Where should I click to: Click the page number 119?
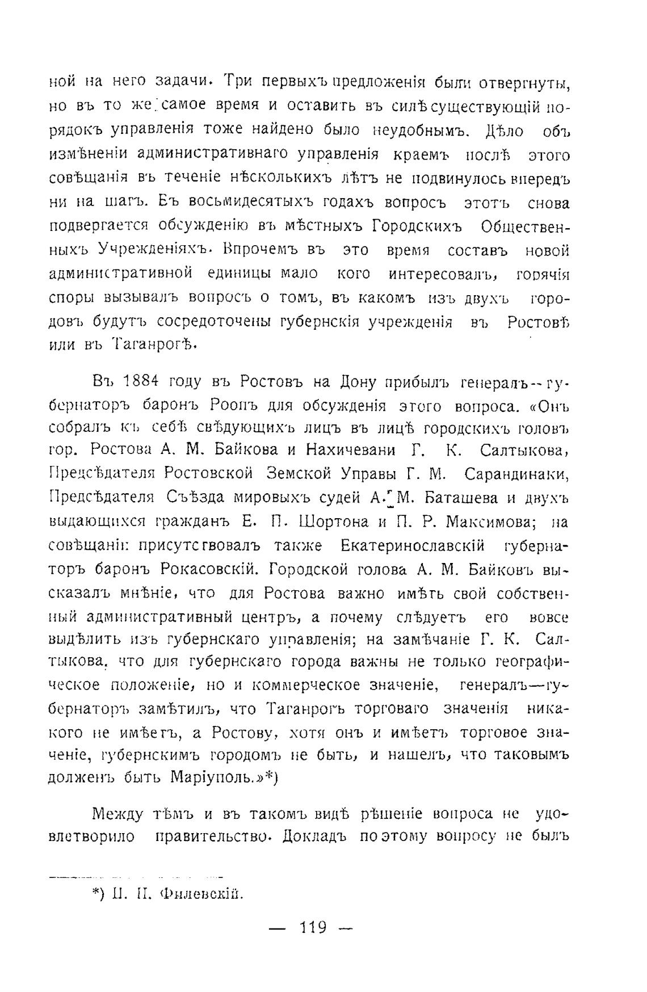coord(313,927)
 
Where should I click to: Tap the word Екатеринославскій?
coord(413,545)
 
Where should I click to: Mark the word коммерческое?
coord(305,685)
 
